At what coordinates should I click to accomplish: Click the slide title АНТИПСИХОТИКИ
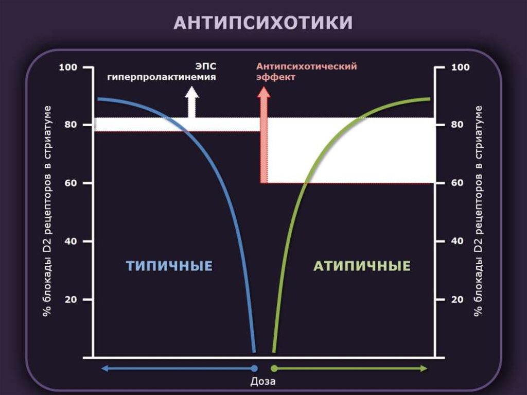tap(263, 23)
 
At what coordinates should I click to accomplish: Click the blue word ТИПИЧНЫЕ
tap(169, 266)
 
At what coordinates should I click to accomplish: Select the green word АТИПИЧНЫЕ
tap(362, 266)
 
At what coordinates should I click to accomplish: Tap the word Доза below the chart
tap(263, 382)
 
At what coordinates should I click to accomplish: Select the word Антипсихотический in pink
tap(306, 66)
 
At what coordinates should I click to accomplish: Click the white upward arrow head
tap(192, 93)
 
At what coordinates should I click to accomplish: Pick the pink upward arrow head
tap(263, 93)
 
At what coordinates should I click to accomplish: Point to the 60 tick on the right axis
tap(460, 183)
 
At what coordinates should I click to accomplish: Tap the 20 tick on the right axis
tap(460, 299)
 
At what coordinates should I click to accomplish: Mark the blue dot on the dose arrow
tap(254, 368)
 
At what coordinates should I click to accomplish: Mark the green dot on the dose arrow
tap(274, 368)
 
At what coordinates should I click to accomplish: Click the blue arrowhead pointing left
tap(104, 368)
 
